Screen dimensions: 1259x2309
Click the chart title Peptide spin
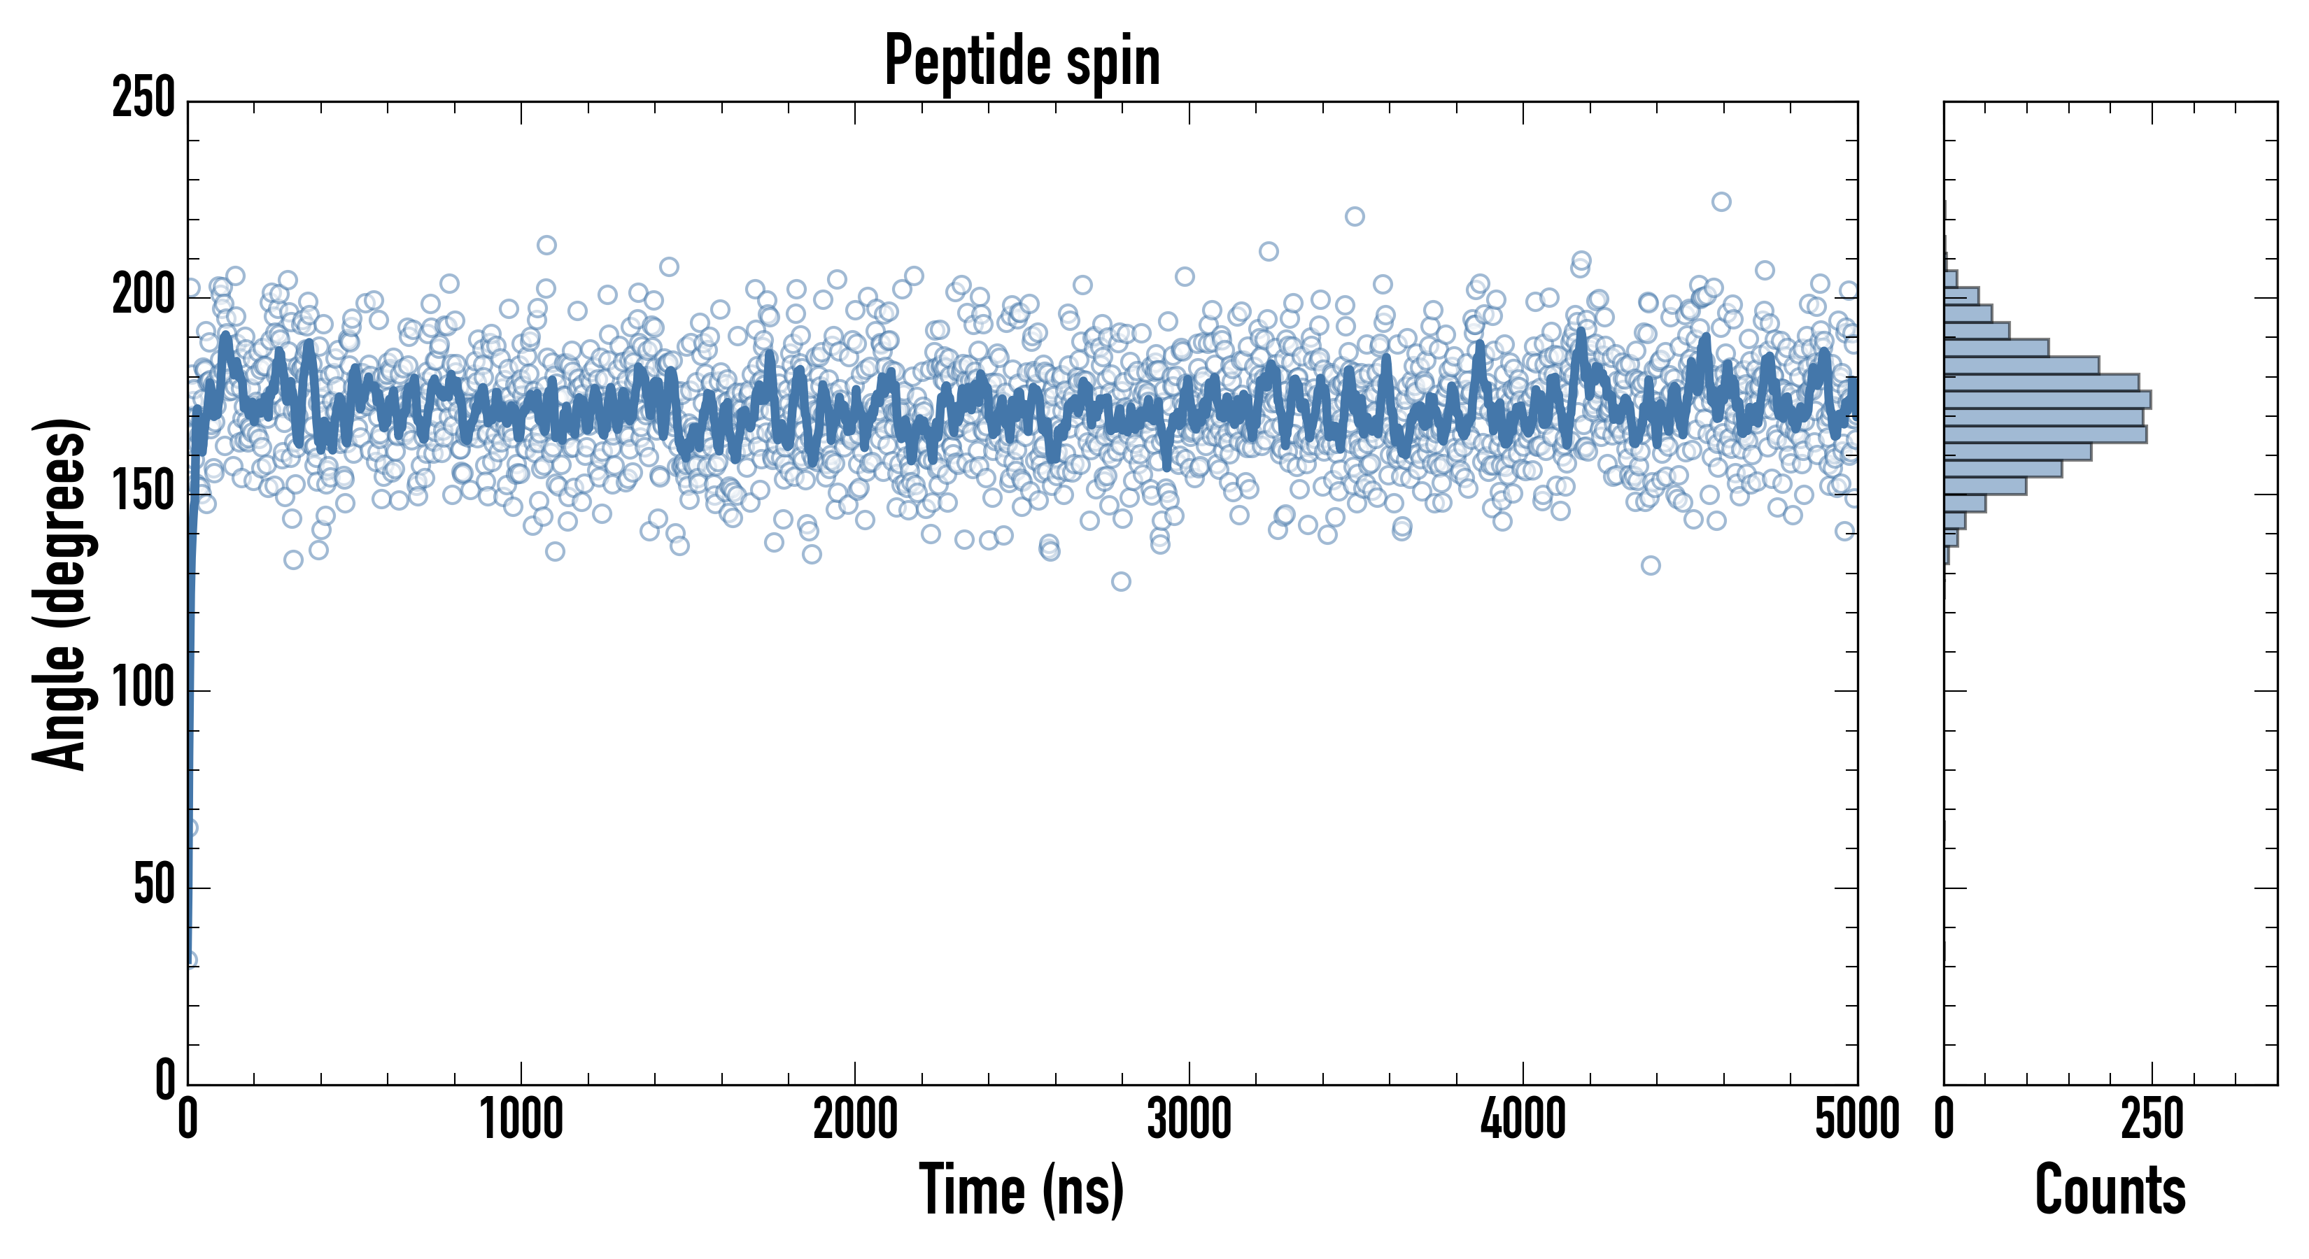point(1022,61)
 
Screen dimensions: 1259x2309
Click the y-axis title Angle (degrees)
point(59,594)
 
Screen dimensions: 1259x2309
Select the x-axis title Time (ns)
point(1021,1189)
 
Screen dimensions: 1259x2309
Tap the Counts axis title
point(2110,1189)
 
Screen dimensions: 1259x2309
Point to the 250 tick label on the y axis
point(143,99)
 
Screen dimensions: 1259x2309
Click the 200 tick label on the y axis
point(143,296)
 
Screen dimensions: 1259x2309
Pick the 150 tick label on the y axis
point(143,493)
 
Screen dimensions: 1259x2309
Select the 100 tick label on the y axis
point(143,690)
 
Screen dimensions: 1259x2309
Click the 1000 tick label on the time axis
point(522,1120)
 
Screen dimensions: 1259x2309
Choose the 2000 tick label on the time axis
point(855,1120)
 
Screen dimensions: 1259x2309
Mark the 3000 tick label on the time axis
point(1189,1120)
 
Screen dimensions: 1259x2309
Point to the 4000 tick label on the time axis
point(1523,1120)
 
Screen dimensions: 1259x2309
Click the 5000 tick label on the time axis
point(1857,1120)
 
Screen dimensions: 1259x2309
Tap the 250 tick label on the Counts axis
point(2152,1120)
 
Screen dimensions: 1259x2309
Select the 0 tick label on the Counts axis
point(1944,1120)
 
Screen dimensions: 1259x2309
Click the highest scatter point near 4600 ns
point(1721,201)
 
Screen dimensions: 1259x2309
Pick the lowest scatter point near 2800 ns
point(1120,581)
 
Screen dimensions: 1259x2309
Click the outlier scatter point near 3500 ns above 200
point(1355,216)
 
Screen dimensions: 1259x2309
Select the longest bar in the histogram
point(2047,399)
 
